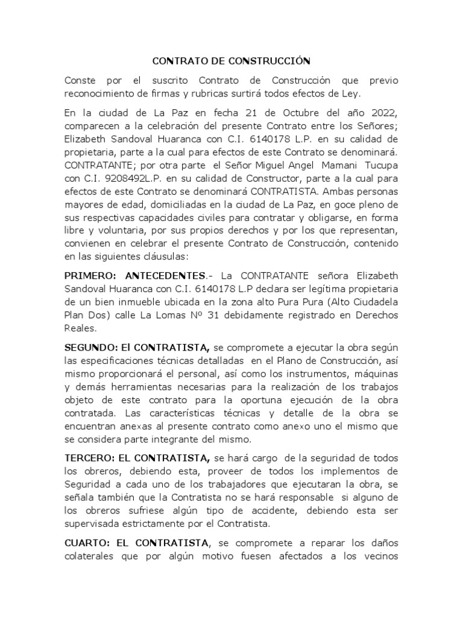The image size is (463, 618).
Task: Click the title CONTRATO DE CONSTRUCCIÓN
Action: tap(231, 61)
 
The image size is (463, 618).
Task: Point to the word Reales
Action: tap(80, 329)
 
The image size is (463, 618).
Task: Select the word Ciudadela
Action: tap(367, 302)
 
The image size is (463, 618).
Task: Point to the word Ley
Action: tap(351, 94)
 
